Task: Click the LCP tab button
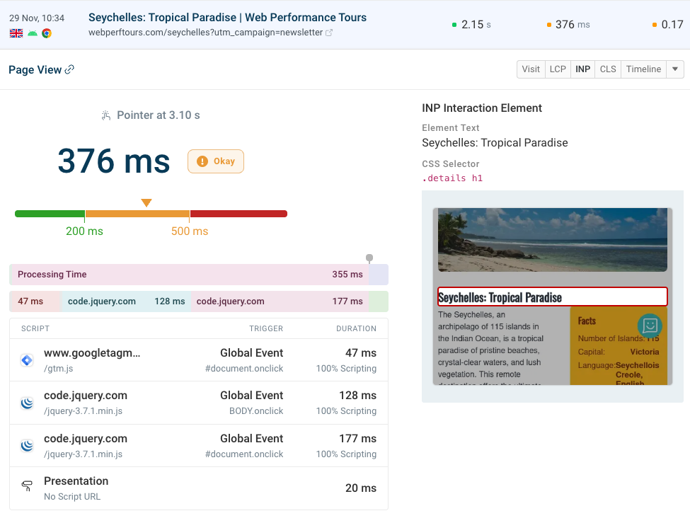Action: click(x=558, y=69)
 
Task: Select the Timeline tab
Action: click(x=643, y=69)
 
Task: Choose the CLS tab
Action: click(x=608, y=69)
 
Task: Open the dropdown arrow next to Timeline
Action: click(x=675, y=69)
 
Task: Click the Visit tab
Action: click(x=531, y=69)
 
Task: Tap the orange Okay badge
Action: click(x=216, y=161)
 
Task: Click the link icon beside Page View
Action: click(x=69, y=70)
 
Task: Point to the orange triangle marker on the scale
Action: click(x=146, y=203)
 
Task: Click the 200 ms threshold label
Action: click(x=85, y=231)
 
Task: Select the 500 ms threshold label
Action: click(x=190, y=231)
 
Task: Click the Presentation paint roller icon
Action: click(x=27, y=488)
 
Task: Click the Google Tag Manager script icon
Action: click(x=27, y=360)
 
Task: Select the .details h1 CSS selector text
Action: click(x=452, y=178)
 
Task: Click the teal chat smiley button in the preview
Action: click(x=650, y=325)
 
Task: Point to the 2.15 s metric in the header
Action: click(x=472, y=25)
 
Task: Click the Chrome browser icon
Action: click(x=47, y=33)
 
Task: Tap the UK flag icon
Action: click(x=15, y=33)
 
